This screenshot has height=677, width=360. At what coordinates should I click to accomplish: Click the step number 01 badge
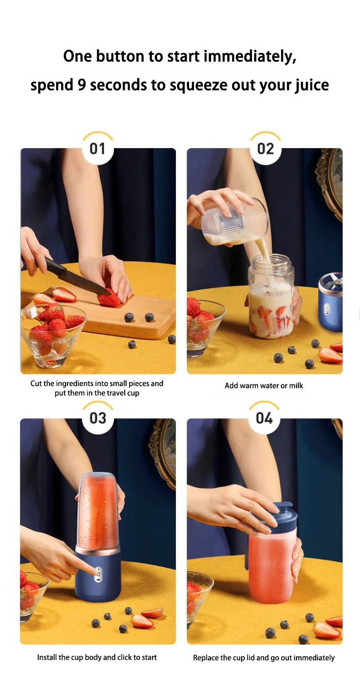97,149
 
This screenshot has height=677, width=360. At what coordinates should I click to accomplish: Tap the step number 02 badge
265,149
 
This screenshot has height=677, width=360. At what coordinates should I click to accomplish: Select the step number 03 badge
98,418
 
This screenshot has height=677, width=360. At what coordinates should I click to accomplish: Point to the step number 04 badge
264,418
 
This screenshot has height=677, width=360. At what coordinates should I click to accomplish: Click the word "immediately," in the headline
250,57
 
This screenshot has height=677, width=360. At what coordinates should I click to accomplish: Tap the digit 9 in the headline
81,85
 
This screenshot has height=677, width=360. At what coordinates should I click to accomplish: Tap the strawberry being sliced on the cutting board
109,298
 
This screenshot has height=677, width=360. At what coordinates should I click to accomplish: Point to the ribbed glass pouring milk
235,221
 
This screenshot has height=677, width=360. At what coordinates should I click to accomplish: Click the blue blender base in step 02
330,302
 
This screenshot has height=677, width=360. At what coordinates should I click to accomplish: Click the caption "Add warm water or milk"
264,386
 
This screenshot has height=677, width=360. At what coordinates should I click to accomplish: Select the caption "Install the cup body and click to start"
97,657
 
